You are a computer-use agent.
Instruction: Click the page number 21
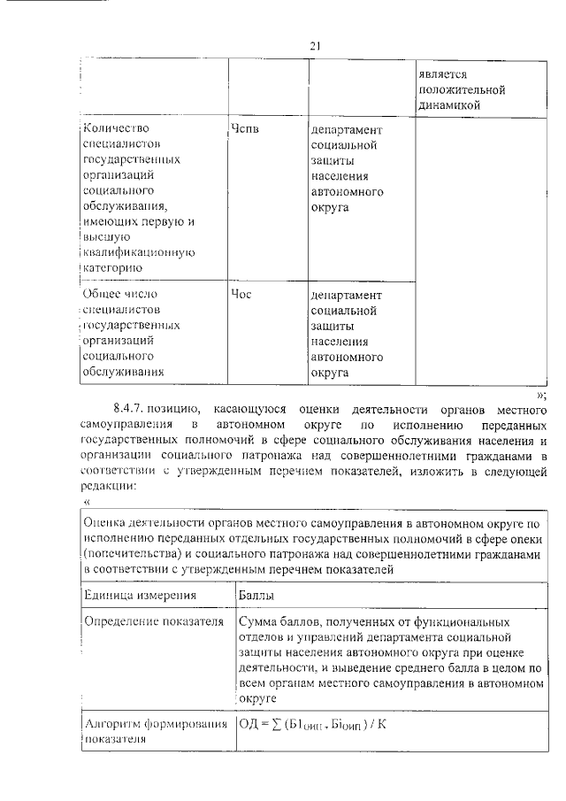pos(314,46)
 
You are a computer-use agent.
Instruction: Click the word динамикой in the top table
pos(449,105)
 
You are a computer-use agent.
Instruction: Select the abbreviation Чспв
pos(246,128)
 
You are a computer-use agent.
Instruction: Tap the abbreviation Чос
pos(241,294)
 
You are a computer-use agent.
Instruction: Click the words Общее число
pos(123,294)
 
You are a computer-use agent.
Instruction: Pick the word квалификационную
pos(137,250)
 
